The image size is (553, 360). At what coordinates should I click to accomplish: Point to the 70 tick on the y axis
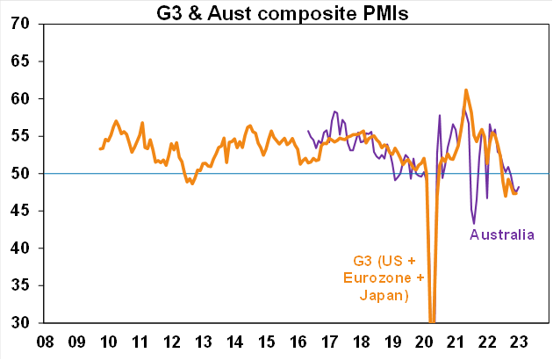click(x=25, y=24)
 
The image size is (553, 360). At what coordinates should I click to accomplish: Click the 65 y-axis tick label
click(x=25, y=61)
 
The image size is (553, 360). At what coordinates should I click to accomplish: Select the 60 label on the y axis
click(x=25, y=99)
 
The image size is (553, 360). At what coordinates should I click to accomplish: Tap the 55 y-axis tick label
click(x=25, y=136)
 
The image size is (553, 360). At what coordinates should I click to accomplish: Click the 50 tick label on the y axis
click(x=25, y=174)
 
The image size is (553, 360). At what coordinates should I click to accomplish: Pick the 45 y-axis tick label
click(x=25, y=211)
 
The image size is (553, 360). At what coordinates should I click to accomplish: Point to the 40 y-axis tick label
click(x=25, y=248)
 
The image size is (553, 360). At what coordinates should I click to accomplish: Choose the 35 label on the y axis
click(x=25, y=285)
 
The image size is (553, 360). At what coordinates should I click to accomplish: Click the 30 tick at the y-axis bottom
click(x=25, y=323)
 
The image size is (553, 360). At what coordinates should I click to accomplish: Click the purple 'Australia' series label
click(x=501, y=234)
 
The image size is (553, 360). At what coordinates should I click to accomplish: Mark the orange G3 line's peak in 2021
click(x=466, y=90)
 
